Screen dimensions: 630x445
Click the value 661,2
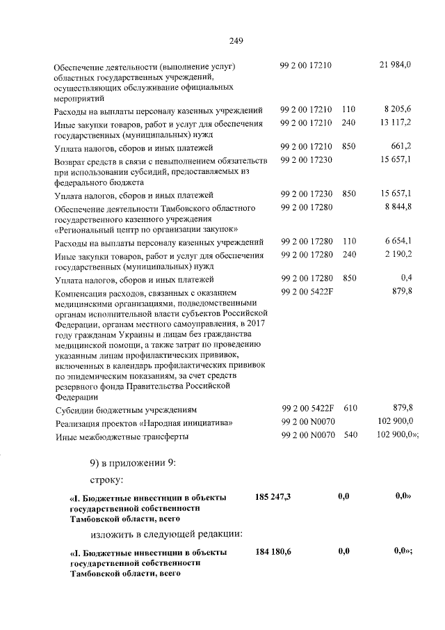coord(402,147)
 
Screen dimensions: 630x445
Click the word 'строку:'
coord(107,480)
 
